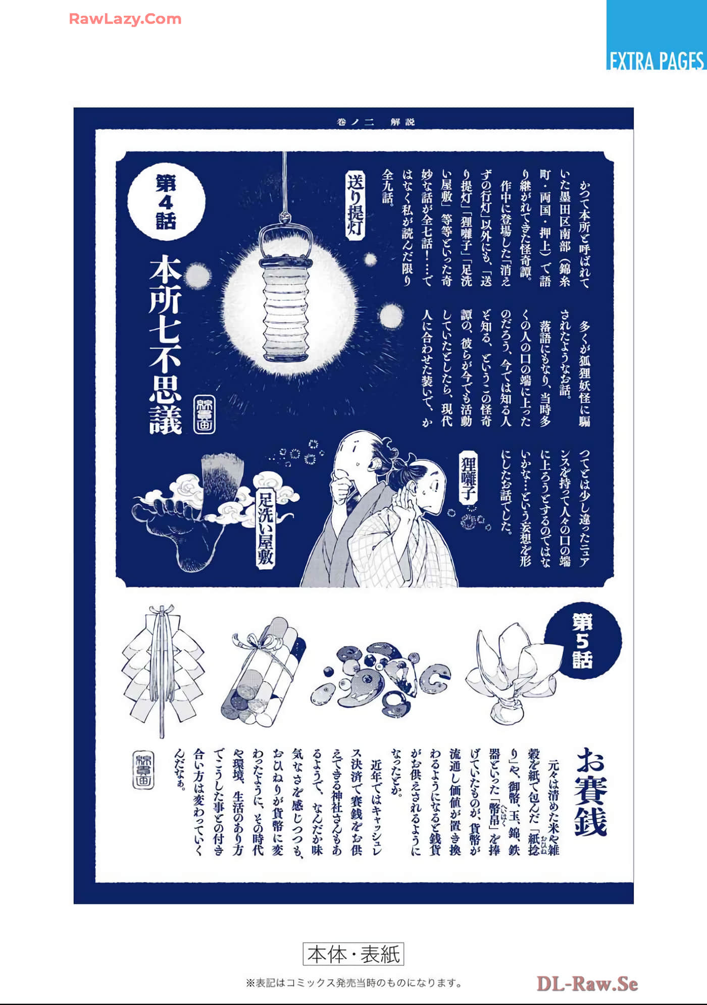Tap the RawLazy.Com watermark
coord(125,19)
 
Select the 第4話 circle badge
coord(166,201)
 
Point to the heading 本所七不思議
coord(166,344)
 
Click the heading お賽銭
coord(590,792)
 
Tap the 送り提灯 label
coord(356,204)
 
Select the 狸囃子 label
coord(469,478)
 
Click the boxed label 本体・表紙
coord(353,954)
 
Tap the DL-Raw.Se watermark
coord(587,984)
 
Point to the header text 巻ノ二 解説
coord(376,122)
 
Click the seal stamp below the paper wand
coord(143,770)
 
